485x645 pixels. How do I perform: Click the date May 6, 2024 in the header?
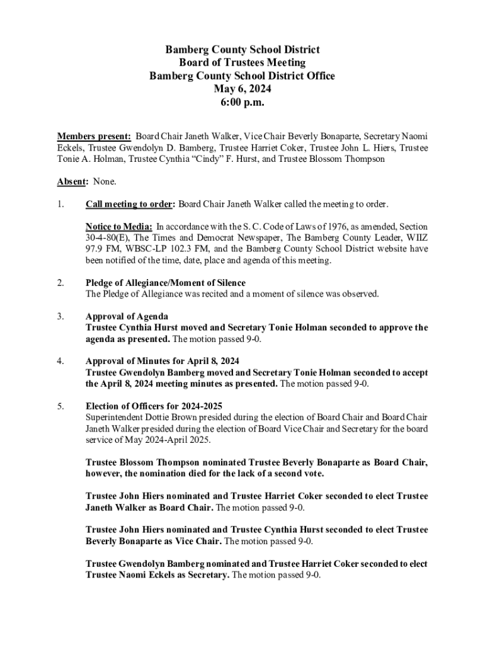[x=242, y=89]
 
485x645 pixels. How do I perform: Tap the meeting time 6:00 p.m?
[x=242, y=102]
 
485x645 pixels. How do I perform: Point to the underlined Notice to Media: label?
[x=119, y=227]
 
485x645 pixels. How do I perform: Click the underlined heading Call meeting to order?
[x=129, y=204]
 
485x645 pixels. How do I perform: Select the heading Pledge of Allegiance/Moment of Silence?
[x=166, y=283]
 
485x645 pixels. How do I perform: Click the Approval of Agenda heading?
[x=127, y=316]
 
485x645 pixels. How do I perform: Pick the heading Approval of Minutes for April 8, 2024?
[x=163, y=361]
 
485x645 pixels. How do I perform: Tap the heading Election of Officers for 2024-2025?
[x=154, y=406]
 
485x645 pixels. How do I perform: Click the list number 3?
[x=60, y=316]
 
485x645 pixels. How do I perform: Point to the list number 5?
[x=60, y=406]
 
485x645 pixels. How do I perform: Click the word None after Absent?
[x=104, y=181]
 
